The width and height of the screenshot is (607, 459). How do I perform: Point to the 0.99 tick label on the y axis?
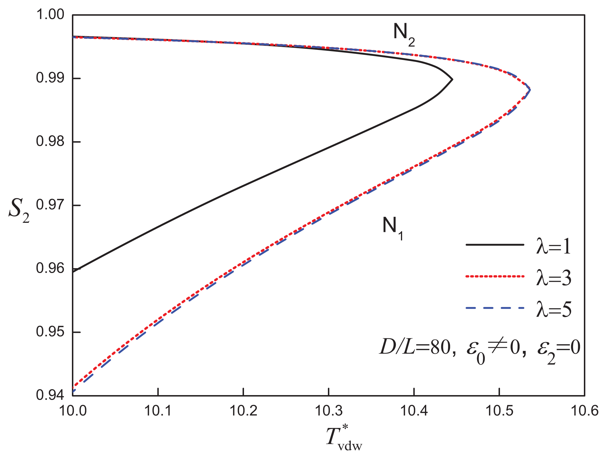click(x=50, y=78)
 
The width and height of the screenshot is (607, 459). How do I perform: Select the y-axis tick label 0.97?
click(x=50, y=205)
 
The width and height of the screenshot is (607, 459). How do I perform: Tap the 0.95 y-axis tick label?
click(x=50, y=332)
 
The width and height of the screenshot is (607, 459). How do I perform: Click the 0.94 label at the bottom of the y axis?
click(x=50, y=395)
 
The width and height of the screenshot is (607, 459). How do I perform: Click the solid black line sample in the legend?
click(x=495, y=245)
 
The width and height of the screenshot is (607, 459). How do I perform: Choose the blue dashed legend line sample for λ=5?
click(x=495, y=308)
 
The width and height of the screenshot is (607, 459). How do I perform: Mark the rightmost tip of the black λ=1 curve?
click(x=452, y=80)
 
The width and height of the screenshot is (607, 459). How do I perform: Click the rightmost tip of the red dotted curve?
click(x=530, y=90)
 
